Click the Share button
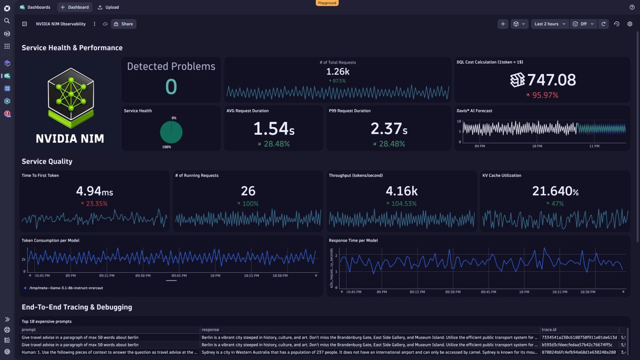tap(123, 24)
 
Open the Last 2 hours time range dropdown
tap(550, 24)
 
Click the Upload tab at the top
tap(108, 7)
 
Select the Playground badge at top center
tap(327, 3)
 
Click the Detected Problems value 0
tap(171, 86)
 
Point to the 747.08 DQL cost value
tap(551, 80)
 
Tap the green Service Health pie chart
tap(171, 132)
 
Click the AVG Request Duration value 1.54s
tap(273, 129)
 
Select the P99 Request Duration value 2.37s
tap(389, 129)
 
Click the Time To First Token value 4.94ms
tap(95, 191)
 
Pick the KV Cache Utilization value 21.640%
tap(556, 191)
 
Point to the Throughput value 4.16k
tap(401, 191)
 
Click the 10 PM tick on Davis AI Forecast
tap(537, 146)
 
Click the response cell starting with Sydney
tap(369, 352)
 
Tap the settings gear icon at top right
tap(629, 24)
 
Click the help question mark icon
tap(632, 7)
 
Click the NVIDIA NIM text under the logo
tap(70, 138)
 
